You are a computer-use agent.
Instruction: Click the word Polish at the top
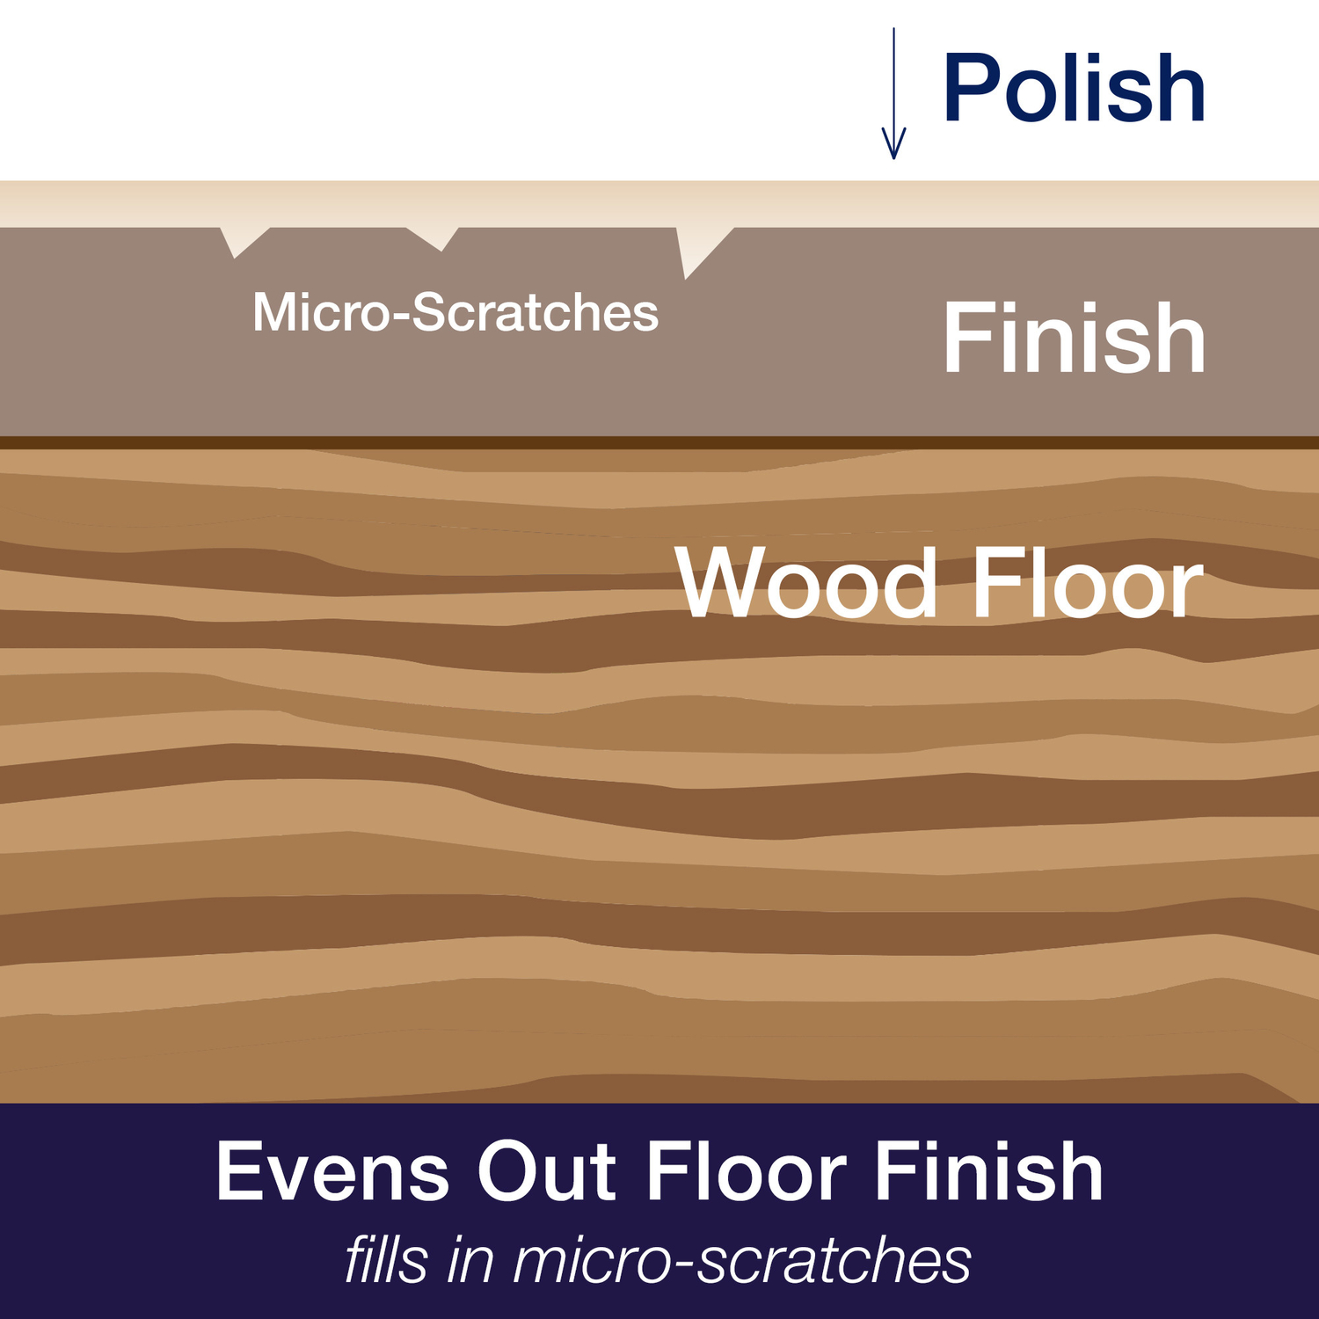click(1074, 88)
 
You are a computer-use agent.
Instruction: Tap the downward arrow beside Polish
click(893, 93)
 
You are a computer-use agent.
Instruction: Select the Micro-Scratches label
click(455, 312)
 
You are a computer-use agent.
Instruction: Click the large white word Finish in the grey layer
click(1074, 338)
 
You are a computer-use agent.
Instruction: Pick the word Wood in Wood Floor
click(806, 584)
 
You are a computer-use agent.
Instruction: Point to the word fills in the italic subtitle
click(386, 1259)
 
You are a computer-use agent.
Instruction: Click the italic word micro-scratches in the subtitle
click(742, 1260)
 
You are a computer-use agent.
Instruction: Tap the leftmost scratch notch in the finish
click(243, 240)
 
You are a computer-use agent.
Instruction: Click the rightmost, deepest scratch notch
click(698, 249)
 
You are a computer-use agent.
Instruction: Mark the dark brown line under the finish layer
click(659, 442)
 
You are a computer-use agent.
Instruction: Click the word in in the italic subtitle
click(470, 1259)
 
